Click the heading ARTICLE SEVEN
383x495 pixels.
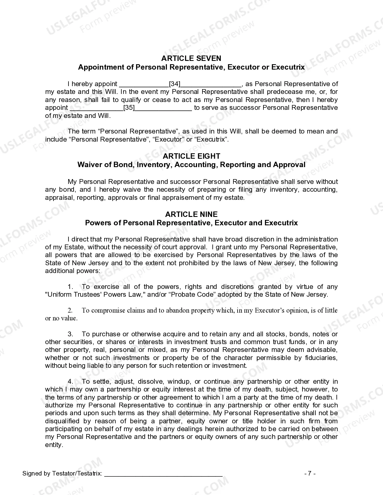[191, 58]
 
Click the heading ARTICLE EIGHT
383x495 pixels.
[191, 156]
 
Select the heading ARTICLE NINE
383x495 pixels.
[191, 214]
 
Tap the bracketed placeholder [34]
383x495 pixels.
[175, 84]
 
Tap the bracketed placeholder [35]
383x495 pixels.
[129, 108]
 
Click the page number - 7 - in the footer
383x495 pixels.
[310, 474]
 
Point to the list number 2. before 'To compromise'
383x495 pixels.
[70, 310]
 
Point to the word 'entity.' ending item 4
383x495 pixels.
[54, 445]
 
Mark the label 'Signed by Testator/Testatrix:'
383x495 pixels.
[62, 474]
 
